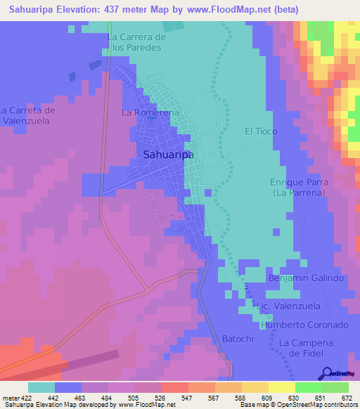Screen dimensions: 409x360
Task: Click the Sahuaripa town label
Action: pos(169,155)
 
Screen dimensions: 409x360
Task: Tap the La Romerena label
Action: pos(150,112)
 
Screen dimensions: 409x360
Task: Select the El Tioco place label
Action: pos(261,131)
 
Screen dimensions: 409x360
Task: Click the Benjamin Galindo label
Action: pos(306,278)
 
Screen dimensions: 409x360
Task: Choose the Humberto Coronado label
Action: pos(304,325)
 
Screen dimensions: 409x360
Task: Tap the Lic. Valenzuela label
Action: pos(289,306)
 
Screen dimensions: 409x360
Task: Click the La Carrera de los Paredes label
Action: pos(136,42)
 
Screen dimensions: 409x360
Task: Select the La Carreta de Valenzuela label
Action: pos(28,115)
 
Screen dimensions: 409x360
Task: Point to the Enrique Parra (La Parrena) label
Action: pos(298,186)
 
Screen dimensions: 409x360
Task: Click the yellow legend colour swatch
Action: pos(281,387)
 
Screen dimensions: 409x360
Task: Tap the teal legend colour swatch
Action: pos(41,387)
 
